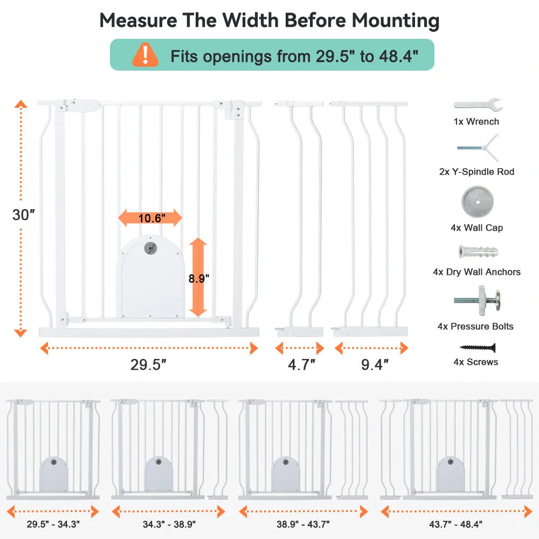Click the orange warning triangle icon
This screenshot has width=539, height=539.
click(x=146, y=54)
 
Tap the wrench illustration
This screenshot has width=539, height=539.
click(x=478, y=104)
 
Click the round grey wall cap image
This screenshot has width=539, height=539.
click(x=477, y=202)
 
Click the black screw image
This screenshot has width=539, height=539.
click(x=477, y=348)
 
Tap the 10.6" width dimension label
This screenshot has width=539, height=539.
click(x=150, y=218)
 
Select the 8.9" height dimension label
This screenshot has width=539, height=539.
click(x=198, y=278)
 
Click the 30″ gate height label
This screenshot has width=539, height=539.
click(x=23, y=215)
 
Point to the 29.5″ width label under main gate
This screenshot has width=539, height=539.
click(x=148, y=365)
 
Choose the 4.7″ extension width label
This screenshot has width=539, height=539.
click(x=301, y=365)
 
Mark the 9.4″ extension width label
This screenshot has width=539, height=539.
click(x=375, y=365)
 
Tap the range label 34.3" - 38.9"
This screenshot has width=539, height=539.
click(x=169, y=523)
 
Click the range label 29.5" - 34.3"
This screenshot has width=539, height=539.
click(x=53, y=523)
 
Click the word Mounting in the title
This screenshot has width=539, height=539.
click(x=395, y=20)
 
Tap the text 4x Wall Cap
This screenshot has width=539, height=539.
click(x=476, y=228)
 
